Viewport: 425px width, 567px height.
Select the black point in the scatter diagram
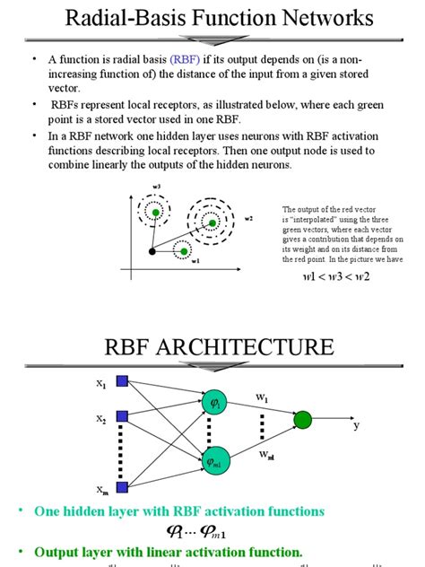pyautogui.click(x=152, y=251)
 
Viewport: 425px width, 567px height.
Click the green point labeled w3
pyautogui.click(x=157, y=212)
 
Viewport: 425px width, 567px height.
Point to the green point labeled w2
pyautogui.click(x=212, y=221)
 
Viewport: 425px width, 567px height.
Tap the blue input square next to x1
pyautogui.click(x=123, y=381)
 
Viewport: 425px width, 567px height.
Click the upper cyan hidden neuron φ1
pyautogui.click(x=214, y=404)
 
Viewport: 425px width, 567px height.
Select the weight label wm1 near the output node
pyautogui.click(x=266, y=457)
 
